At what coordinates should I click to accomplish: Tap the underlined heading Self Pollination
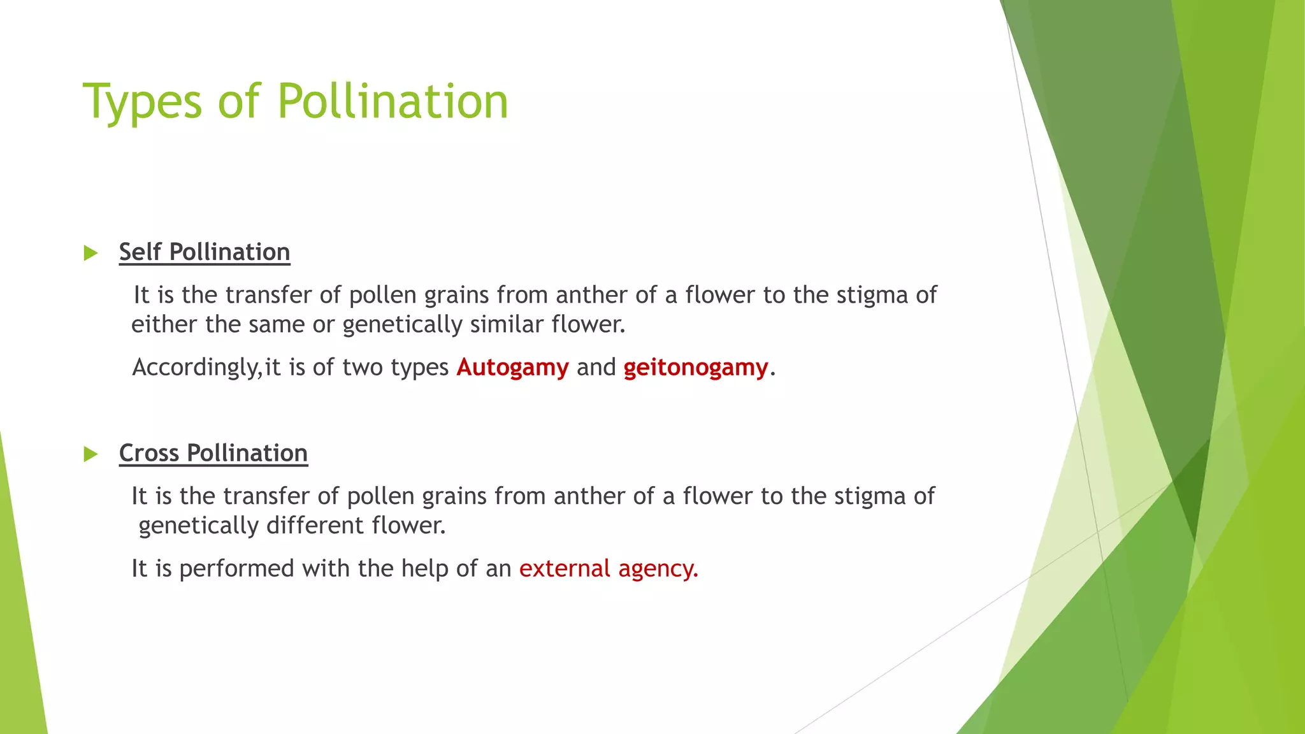pyautogui.click(x=205, y=252)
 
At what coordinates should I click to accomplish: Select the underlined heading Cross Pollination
pyautogui.click(x=213, y=453)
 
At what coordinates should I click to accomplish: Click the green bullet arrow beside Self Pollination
pyautogui.click(x=90, y=253)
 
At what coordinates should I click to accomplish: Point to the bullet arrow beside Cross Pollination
pyautogui.click(x=90, y=454)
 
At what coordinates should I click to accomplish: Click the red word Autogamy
pyautogui.click(x=512, y=368)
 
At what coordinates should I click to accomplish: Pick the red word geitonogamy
pyautogui.click(x=696, y=368)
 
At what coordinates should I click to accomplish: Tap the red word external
pyautogui.click(x=565, y=568)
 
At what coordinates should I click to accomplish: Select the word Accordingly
pyautogui.click(x=196, y=368)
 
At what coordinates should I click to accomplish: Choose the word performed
pyautogui.click(x=236, y=568)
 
